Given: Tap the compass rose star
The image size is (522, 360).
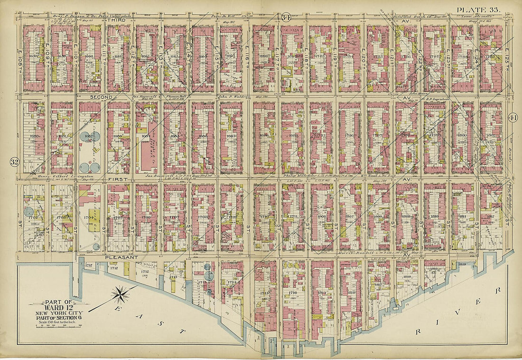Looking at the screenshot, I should (120, 294).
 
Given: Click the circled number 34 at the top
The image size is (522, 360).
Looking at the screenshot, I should (286, 18).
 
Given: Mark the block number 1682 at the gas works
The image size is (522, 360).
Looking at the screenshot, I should (87, 136).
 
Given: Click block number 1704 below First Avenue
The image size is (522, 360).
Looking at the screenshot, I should (88, 219).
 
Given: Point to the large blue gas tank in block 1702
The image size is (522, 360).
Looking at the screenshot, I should (29, 211).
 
